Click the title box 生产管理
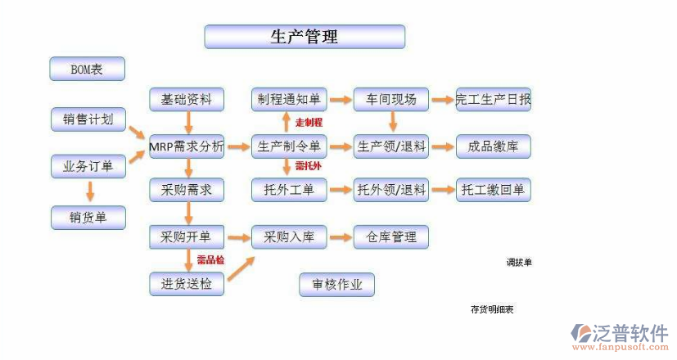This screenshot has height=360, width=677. coord(305,37)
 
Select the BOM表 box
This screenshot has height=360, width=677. coord(87,70)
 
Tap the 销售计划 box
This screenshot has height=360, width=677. coord(88,119)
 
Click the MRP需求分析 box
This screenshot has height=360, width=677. coord(186,147)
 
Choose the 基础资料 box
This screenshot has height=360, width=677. coord(186,100)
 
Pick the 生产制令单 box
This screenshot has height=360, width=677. coord(288,147)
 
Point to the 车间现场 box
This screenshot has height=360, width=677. coord(391,100)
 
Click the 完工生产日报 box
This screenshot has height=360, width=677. coord(493,100)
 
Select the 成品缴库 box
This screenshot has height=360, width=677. coord(493,147)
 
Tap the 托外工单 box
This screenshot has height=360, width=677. coord(288,191)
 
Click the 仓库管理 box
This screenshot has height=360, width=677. coord(391,237)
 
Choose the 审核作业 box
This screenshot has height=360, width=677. coord(336,285)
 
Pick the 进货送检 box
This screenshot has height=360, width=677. coord(186,285)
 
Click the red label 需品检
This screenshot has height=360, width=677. coord(210,260)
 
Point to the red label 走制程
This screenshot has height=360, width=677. coord(309,123)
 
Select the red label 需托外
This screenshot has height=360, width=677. coord(308,167)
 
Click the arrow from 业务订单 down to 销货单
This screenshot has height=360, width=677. coord(89,191)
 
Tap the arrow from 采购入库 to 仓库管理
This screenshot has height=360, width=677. coord(340,237)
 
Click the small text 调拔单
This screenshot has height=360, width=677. coord(518,263)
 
